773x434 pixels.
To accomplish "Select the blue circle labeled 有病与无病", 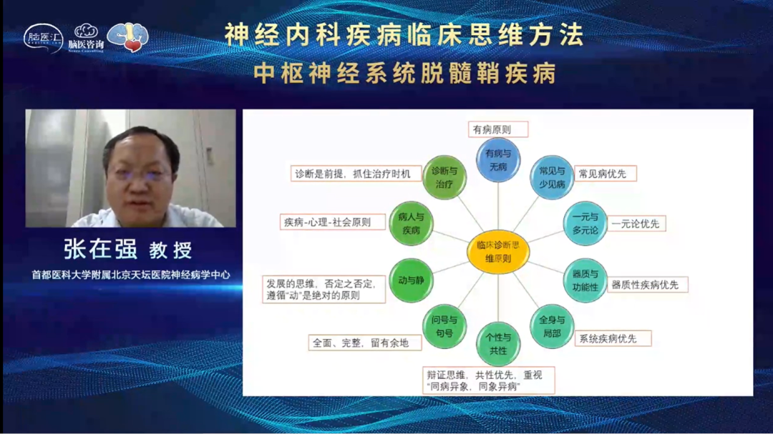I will point(498,160).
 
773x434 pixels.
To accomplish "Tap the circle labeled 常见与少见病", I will point(552,177).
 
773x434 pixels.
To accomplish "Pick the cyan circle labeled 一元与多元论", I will point(585,223).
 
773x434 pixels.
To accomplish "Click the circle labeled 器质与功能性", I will point(585,280).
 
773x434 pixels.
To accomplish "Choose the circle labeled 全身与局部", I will point(552,327).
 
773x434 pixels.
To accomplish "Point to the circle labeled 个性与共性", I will point(498,344).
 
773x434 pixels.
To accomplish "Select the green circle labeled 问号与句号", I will point(444,327).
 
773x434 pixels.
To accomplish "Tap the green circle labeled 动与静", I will point(411,280).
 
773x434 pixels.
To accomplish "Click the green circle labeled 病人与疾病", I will point(411,223).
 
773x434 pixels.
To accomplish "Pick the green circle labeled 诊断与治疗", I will point(444,177).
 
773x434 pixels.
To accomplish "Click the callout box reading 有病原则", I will point(498,129).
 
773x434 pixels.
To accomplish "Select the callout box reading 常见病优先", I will point(602,174).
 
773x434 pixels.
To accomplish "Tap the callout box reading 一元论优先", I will point(635,224).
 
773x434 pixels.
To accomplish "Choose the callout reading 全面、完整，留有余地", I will point(365,342).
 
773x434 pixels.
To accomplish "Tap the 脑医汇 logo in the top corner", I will point(43,38).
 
